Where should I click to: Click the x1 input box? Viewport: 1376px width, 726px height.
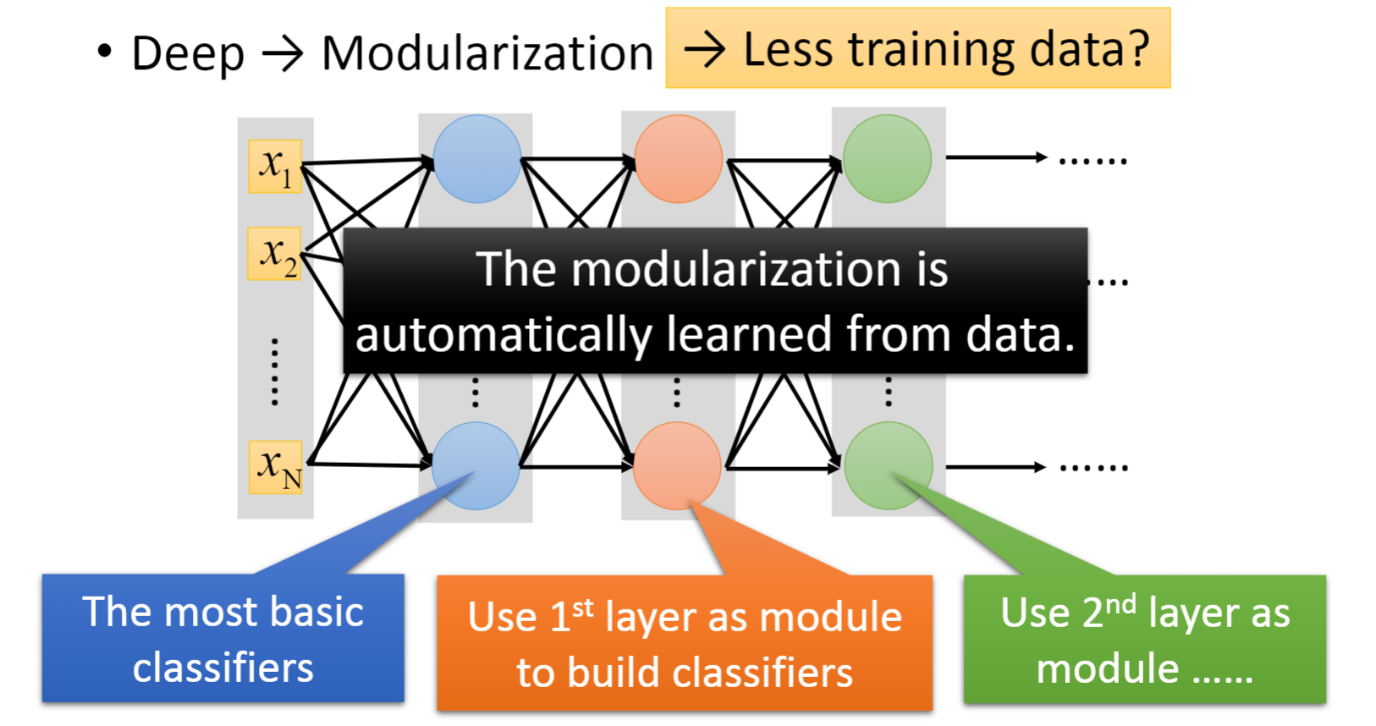point(275,167)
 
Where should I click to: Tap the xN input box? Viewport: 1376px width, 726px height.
point(276,467)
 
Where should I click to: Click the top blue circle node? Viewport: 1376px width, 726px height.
point(476,159)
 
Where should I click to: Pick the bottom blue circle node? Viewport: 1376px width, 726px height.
point(476,466)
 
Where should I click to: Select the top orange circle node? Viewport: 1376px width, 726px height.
point(678,159)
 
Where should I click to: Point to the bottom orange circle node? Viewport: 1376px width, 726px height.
point(677,466)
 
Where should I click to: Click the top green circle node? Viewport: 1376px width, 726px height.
point(887,159)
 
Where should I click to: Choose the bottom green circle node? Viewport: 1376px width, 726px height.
point(889,466)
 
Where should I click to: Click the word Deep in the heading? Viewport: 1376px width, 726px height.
point(188,55)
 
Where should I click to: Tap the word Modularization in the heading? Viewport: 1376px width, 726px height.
point(487,54)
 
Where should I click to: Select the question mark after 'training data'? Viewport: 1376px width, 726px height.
point(1138,49)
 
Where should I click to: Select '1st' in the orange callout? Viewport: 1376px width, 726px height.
point(572,615)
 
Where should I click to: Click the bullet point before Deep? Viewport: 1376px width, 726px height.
point(105,51)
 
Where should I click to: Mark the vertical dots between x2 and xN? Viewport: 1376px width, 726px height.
point(274,372)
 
